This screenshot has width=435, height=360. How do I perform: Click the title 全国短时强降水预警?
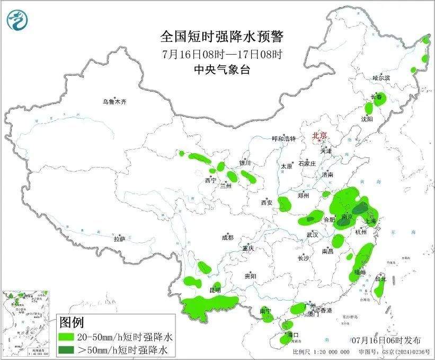[x=222, y=37]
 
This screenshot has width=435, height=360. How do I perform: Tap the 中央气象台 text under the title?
[x=222, y=70]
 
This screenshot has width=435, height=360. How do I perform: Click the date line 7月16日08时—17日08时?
[x=222, y=54]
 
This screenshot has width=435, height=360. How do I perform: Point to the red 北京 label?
[x=320, y=135]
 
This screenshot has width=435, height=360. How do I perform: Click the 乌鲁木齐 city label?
[x=115, y=101]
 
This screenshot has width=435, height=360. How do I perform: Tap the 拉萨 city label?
[x=119, y=239]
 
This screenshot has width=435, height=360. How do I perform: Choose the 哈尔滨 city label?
[x=380, y=78]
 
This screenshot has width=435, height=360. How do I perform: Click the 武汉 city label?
[x=312, y=234]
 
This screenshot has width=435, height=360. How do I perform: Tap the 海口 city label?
[x=292, y=335]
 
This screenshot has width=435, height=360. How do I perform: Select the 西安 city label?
[x=266, y=202]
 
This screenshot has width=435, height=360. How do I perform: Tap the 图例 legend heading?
[x=72, y=322]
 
